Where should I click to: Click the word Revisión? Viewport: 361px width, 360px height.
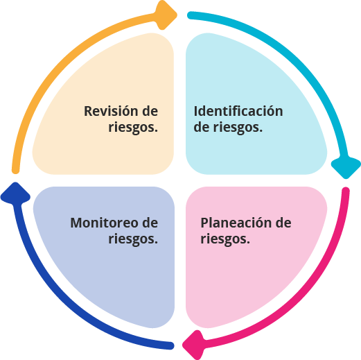click(111, 111)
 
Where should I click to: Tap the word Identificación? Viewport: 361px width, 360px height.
click(238, 111)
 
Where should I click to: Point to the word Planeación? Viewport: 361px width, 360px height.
click(236, 223)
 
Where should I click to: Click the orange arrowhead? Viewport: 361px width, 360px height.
click(166, 15)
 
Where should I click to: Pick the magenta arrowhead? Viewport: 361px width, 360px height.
click(194, 345)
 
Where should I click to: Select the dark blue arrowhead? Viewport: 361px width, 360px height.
click(15, 194)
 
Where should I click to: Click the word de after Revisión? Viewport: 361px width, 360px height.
click(150, 111)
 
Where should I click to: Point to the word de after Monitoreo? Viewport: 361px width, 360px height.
click(150, 223)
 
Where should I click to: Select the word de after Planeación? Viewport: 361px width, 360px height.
click(283, 223)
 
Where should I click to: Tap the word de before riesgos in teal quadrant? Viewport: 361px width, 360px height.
click(202, 127)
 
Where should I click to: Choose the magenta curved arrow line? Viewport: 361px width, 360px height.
click(303, 302)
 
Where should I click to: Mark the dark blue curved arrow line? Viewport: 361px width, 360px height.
click(59, 303)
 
